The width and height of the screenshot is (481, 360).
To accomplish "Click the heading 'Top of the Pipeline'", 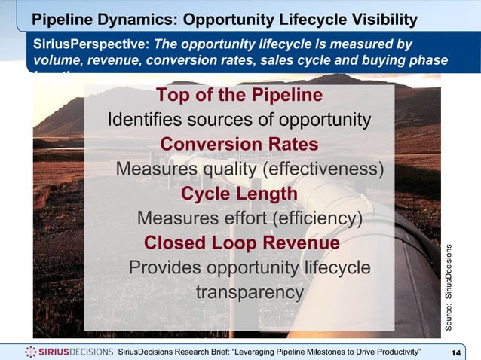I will click(239, 96).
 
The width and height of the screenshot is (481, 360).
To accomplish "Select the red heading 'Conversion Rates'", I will click(239, 145).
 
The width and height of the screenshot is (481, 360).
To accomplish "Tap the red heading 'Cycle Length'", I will click(239, 194).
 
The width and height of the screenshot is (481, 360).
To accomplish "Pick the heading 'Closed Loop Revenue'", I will click(241, 243).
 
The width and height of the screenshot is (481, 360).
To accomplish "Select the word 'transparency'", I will click(250, 292).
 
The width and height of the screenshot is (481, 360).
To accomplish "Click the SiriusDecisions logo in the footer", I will click(69, 352).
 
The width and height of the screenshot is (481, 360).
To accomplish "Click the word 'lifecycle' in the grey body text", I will click(332, 268).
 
